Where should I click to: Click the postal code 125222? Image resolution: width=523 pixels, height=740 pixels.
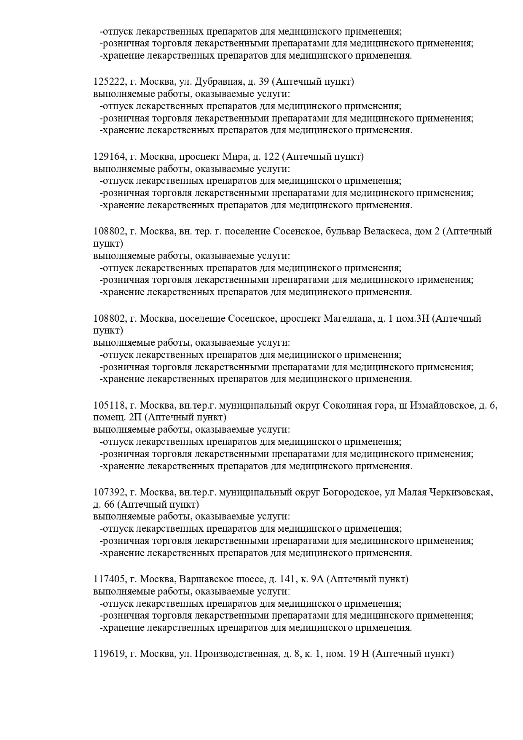pyautogui.click(x=109, y=82)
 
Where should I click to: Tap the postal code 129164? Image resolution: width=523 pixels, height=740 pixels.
pyautogui.click(x=109, y=157)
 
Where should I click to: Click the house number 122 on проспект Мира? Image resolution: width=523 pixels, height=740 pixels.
pyautogui.click(x=271, y=157)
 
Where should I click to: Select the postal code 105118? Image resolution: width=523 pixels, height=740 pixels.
pyautogui.click(x=109, y=406)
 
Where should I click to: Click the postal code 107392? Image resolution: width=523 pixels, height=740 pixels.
pyautogui.click(x=109, y=492)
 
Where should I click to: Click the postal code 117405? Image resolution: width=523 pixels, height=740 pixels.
pyautogui.click(x=109, y=579)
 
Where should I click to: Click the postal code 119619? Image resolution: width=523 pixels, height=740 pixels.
pyautogui.click(x=109, y=654)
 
